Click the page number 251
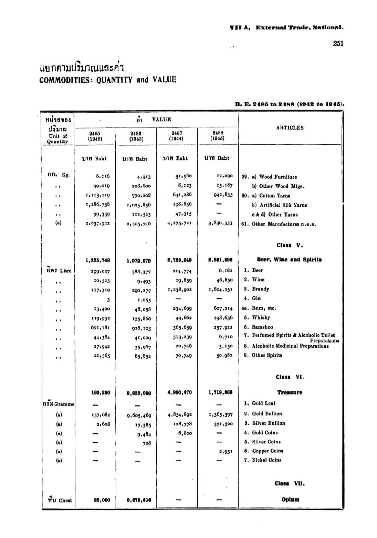coord(338,44)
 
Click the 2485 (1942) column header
coord(95,136)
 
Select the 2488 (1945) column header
coord(218,135)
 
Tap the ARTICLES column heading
coord(290,128)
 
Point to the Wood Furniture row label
coord(277,177)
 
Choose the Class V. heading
coord(289,245)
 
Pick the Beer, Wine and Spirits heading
coord(289,260)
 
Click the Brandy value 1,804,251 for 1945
coord(221,289)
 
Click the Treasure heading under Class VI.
coord(290,392)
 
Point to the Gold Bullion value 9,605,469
coord(139,415)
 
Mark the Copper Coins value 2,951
coord(226,451)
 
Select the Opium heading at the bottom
coord(290,499)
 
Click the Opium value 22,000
coord(102,500)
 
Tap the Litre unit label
coord(65,271)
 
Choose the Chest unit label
coord(65,500)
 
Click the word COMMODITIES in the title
coord(64,80)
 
